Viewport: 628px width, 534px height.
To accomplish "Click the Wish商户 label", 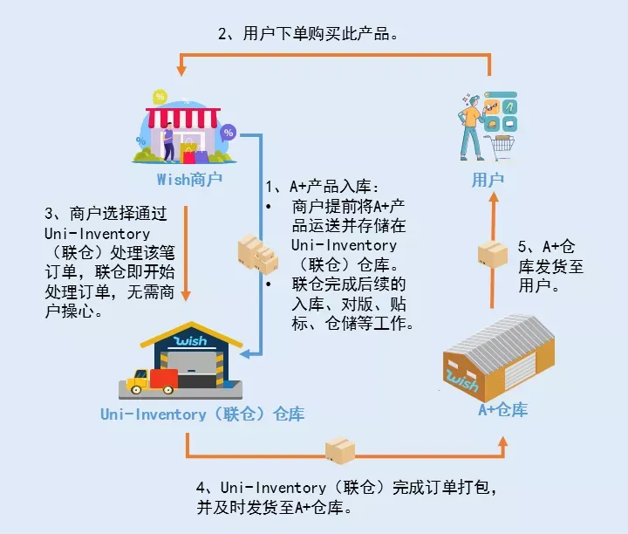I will pyautogui.click(x=189, y=180).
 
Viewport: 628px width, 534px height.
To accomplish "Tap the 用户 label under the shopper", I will pyautogui.click(x=488, y=180).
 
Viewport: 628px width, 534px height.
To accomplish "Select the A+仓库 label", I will pyautogui.click(x=502, y=408).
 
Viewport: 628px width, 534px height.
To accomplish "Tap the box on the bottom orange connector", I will pyautogui.click(x=339, y=451).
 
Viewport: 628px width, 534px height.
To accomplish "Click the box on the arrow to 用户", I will pyautogui.click(x=493, y=253).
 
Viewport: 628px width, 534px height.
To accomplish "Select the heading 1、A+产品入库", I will pyautogui.click(x=323, y=187).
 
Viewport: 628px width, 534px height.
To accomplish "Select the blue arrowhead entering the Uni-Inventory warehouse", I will pyautogui.click(x=245, y=353).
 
